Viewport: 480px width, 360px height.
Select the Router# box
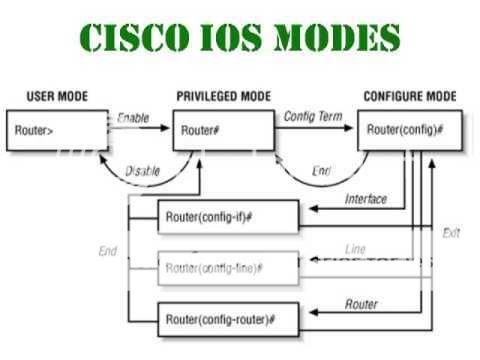(224, 130)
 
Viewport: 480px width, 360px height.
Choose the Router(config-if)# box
(228, 215)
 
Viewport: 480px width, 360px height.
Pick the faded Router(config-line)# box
(228, 267)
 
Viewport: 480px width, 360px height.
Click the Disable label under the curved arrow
(143, 171)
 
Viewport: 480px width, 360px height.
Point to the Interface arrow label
(366, 199)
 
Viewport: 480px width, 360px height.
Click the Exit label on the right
(451, 232)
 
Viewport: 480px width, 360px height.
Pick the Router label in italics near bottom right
(361, 301)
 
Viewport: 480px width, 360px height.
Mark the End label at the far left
(107, 251)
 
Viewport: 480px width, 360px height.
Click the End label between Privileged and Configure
(321, 171)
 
